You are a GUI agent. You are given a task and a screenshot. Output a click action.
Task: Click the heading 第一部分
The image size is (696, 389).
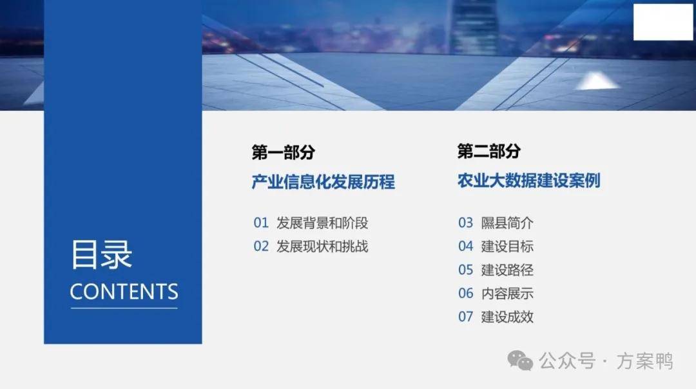coord(283,152)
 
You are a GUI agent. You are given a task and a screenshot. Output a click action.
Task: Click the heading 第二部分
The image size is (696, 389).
coord(488,151)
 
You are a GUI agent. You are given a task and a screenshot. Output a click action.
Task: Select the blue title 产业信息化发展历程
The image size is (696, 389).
coord(323,182)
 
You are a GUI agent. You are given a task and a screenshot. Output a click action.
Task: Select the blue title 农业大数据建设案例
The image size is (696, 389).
coord(528,181)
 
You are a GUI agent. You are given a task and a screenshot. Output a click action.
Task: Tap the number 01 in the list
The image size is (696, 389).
coord(261,223)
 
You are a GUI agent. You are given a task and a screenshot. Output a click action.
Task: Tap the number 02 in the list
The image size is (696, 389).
coord(261,246)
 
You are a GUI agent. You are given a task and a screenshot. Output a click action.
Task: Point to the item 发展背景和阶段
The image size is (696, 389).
coord(322,223)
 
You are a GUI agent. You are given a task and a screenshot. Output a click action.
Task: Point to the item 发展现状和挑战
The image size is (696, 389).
coord(322,246)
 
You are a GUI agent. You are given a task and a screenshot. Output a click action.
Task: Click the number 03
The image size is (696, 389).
coord(466,223)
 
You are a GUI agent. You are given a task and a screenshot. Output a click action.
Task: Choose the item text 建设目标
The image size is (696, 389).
coord(507,246)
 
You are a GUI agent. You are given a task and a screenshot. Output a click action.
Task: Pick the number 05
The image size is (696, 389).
coord(466,270)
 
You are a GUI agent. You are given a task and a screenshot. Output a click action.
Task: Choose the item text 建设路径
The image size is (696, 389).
coord(507,270)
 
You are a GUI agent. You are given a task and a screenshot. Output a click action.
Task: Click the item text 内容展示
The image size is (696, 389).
coord(507,294)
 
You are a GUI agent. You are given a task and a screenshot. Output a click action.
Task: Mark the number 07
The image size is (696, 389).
coord(466,317)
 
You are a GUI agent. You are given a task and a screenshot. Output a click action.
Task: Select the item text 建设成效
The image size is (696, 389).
coord(507,317)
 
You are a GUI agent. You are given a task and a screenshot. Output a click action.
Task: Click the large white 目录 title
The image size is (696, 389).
coord(102,254)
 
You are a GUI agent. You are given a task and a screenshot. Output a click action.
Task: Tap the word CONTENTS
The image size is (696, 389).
coord(124,292)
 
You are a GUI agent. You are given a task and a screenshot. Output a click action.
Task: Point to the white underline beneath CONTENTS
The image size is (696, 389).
coord(124,308)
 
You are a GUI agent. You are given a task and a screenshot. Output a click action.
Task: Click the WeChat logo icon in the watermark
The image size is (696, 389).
coord(520,360)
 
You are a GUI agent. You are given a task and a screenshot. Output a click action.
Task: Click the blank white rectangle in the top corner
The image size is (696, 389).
coord(662,22)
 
